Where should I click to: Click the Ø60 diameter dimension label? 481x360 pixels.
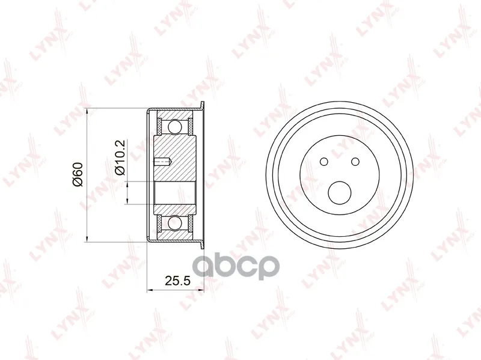click(x=78, y=174)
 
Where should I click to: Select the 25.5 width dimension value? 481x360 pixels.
click(x=178, y=281)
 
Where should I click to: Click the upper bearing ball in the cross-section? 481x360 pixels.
click(x=174, y=127)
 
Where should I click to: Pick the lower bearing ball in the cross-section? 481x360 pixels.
click(x=174, y=222)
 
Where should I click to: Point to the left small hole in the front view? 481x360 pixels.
click(x=324, y=161)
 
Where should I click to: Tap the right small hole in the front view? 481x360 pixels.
click(x=355, y=161)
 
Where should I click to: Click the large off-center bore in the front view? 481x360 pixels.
click(x=340, y=193)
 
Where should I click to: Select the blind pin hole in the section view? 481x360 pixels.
click(x=163, y=162)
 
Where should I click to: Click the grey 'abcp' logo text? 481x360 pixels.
click(x=236, y=266)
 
